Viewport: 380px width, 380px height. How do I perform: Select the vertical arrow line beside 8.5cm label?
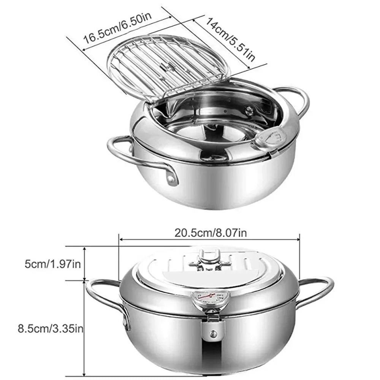coord(84,327)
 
